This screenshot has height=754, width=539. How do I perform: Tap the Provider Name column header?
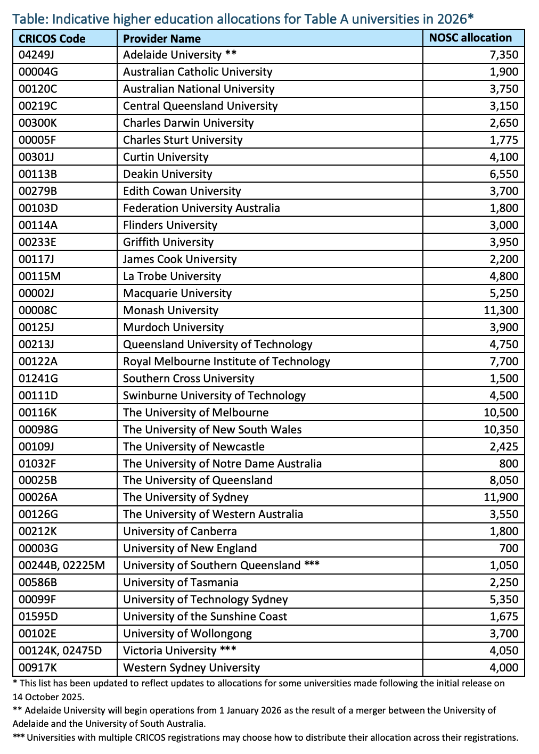click(x=162, y=38)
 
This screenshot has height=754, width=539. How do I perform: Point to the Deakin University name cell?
click(x=167, y=174)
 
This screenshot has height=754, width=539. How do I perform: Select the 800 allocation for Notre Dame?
click(x=509, y=463)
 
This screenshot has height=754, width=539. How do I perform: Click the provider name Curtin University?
click(x=166, y=157)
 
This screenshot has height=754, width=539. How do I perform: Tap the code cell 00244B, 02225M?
click(x=62, y=565)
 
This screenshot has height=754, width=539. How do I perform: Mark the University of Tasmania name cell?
click(x=181, y=583)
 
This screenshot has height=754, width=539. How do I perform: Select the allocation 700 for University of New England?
click(x=509, y=548)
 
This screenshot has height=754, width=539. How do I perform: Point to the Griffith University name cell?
click(x=168, y=242)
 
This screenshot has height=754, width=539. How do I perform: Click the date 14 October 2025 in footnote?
click(x=47, y=696)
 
